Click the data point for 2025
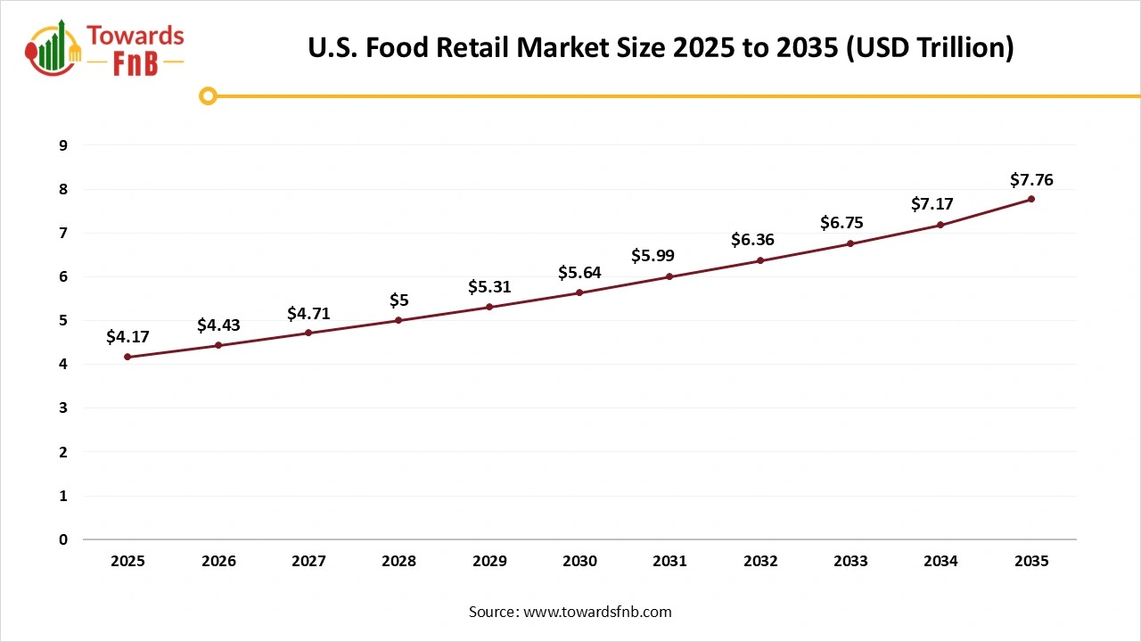coord(127,357)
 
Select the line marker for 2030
coord(579,292)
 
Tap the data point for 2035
coord(1031,199)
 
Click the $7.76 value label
coord(1031,180)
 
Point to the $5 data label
coord(398,300)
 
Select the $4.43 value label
coord(218,325)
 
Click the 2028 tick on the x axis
coord(398,561)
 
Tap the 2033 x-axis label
coord(850,561)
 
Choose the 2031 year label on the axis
coord(669,561)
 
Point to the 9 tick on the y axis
coord(63,145)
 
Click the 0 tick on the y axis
coord(63,539)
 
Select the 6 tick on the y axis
coord(63,276)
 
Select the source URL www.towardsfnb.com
coord(597,612)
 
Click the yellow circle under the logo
coord(208,95)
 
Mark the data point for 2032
coord(760,260)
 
